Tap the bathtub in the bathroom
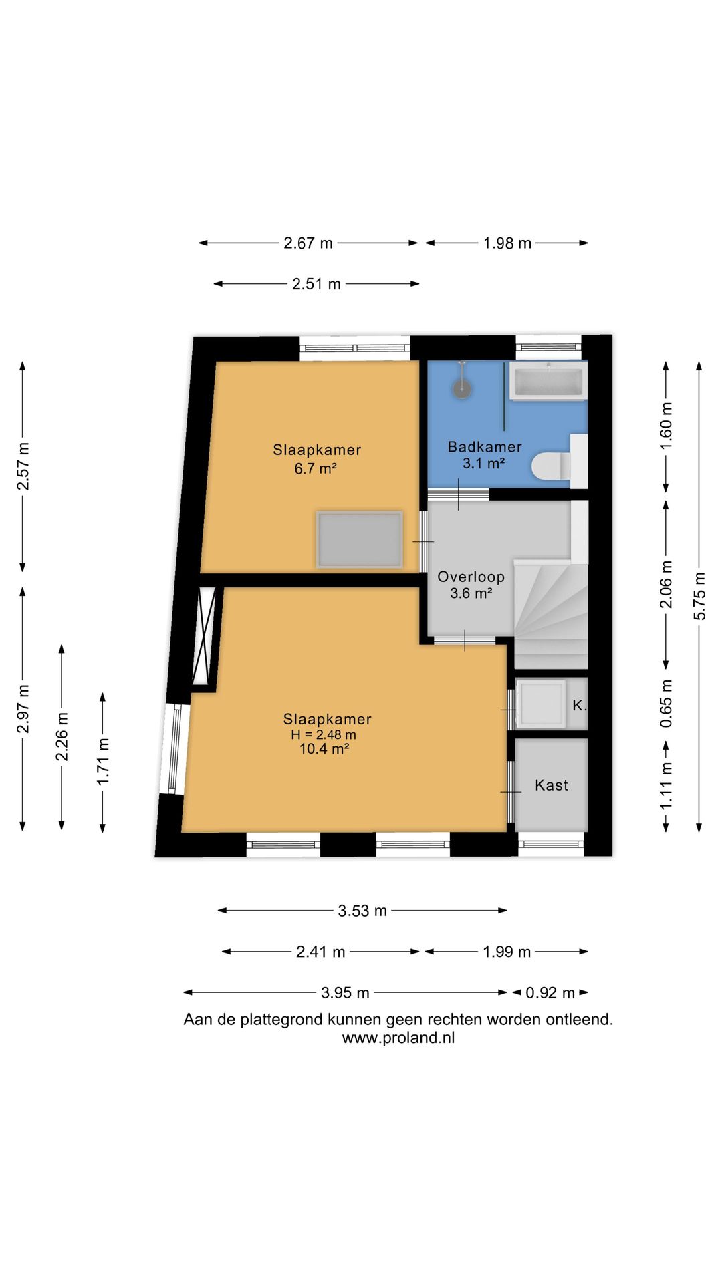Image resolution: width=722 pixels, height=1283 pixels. pos(548,381)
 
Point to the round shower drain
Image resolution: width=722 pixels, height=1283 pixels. pos(462,388)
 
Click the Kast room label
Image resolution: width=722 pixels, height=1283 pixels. pos(552,785)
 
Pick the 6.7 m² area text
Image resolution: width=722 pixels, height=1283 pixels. pos(316,468)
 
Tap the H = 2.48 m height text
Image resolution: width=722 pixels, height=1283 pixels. pos(324,734)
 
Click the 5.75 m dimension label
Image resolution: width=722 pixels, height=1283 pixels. pos(699,596)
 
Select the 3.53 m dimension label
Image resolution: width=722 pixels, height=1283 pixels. pos(362,911)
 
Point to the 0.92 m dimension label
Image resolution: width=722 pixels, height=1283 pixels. pos(550,993)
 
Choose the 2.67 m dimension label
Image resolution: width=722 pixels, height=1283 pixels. pos(308,243)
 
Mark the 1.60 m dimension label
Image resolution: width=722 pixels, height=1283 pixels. pos(666,426)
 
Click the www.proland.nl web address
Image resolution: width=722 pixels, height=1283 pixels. pos(398,1038)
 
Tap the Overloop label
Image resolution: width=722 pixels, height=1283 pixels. pos(471,577)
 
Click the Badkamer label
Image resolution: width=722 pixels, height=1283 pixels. pos(485,447)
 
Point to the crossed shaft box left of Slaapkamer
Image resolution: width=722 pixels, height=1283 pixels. pos(205,635)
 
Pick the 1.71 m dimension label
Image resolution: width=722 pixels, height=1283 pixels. pos(103,762)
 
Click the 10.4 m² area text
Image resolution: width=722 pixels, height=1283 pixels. pos(324,749)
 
